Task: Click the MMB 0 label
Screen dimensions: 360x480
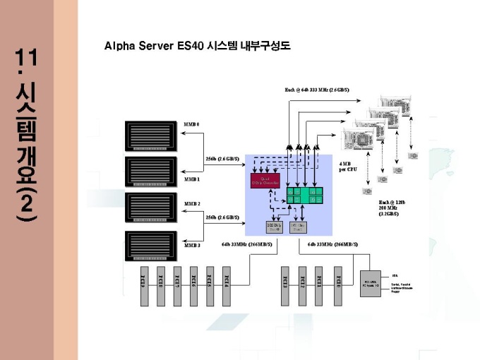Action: [x=192, y=124]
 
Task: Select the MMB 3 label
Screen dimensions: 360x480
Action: [x=192, y=245]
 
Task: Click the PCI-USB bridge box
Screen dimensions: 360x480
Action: [x=371, y=283]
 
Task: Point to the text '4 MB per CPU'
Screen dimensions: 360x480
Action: [x=348, y=167]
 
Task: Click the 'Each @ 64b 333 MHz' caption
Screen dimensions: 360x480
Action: [x=317, y=90]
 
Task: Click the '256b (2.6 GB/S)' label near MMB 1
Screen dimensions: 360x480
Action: [x=222, y=159]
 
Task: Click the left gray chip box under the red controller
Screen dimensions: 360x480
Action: [x=274, y=227]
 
